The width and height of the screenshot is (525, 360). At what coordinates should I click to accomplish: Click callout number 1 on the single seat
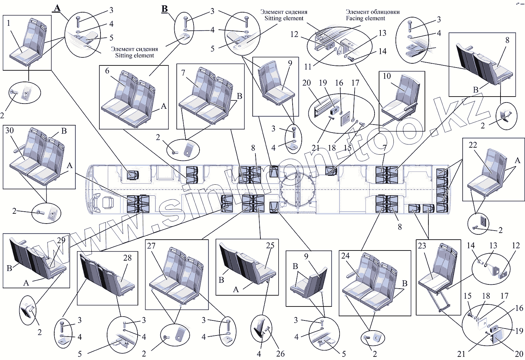pos(9,23)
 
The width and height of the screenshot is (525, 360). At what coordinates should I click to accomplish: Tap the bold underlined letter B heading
pos(164,9)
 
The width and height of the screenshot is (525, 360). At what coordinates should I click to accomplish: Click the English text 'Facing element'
pos(365,19)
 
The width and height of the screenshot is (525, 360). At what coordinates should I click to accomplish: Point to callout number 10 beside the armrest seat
pos(387,76)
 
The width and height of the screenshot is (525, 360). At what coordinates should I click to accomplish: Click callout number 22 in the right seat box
pos(473,145)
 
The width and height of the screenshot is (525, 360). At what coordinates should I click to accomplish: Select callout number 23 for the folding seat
pos(422,246)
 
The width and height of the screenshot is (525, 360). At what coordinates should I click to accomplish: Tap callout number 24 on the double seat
pos(345,256)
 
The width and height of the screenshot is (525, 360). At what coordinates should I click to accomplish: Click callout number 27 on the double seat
pos(151,246)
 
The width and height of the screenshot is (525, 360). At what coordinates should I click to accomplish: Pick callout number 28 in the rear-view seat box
pos(127,258)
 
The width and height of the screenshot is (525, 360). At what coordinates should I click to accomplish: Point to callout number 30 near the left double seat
pos(9,130)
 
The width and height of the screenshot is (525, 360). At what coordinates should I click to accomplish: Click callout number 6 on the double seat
pos(107,71)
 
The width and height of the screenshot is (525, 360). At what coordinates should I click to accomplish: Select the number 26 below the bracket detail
pos(280,354)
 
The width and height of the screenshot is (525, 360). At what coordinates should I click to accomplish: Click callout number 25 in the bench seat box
pos(270,246)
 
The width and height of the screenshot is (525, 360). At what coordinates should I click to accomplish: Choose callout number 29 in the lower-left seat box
pos(61,240)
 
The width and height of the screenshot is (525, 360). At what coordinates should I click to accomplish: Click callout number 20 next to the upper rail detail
pos(306,83)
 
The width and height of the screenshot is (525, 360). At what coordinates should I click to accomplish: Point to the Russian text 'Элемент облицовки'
pos(373,12)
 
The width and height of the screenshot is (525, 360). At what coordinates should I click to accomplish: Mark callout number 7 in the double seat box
pos(183,73)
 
